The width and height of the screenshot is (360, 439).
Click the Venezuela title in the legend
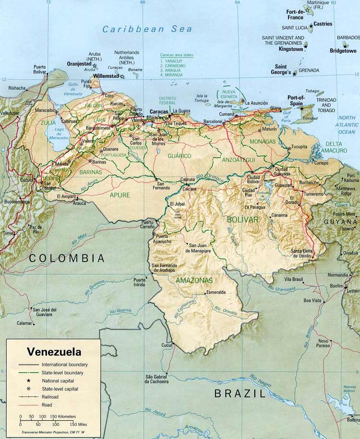(x=54, y=351)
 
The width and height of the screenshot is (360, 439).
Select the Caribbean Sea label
(x=147, y=29)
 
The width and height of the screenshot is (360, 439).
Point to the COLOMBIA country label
(x=67, y=258)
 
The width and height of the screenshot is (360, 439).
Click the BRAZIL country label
(x=240, y=394)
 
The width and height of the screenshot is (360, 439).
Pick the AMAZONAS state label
(x=194, y=280)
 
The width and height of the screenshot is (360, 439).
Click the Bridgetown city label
(x=343, y=51)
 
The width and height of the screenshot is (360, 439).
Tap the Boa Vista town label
(x=312, y=300)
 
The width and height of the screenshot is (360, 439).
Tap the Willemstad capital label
(x=107, y=76)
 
